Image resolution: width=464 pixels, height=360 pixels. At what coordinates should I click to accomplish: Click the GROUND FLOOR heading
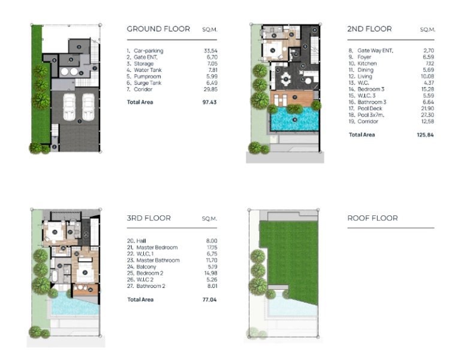[x=158, y=29]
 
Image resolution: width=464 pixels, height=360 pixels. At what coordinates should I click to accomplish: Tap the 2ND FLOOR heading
[x=369, y=29]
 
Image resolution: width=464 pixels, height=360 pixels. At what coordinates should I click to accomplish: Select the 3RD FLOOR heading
[x=149, y=218]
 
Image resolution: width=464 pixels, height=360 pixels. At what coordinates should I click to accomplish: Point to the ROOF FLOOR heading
[x=372, y=218]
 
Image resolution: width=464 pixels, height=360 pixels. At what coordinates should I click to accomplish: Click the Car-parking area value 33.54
[x=210, y=51]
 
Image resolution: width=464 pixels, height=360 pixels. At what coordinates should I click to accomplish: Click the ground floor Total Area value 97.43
[x=210, y=102]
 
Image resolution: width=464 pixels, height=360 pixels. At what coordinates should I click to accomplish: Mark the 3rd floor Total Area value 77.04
[x=210, y=299]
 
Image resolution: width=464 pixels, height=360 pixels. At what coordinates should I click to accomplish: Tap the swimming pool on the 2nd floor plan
[x=294, y=120]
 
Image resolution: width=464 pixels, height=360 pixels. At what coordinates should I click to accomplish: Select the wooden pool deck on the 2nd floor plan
[x=292, y=98]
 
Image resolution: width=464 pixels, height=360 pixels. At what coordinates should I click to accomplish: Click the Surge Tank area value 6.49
[x=210, y=83]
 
